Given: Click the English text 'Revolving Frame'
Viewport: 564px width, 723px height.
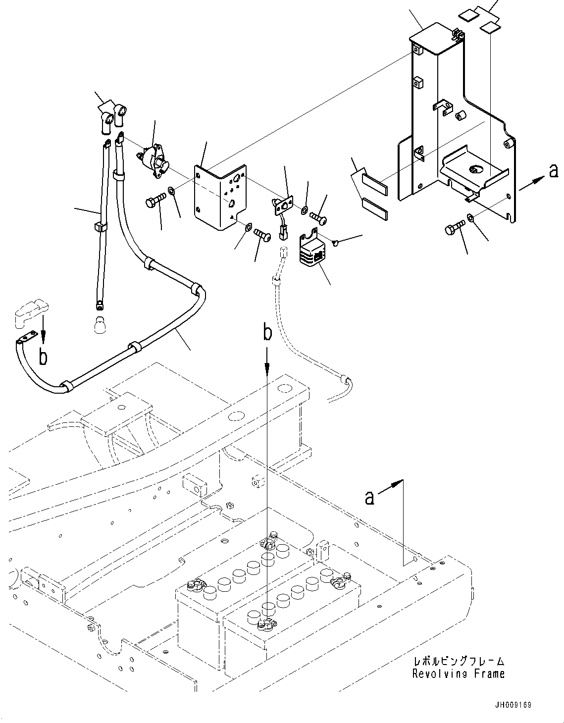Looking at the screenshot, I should (x=458, y=673).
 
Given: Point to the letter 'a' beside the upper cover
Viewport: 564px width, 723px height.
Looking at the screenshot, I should (x=554, y=171).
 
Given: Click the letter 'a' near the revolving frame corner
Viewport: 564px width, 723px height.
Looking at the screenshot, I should (x=369, y=497).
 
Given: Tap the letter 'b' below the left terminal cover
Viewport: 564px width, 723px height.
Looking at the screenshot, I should (x=44, y=357).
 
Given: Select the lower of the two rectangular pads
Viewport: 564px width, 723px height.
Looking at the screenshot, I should (x=376, y=208).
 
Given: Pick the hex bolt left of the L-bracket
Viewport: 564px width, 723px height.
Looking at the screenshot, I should (x=154, y=203).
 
